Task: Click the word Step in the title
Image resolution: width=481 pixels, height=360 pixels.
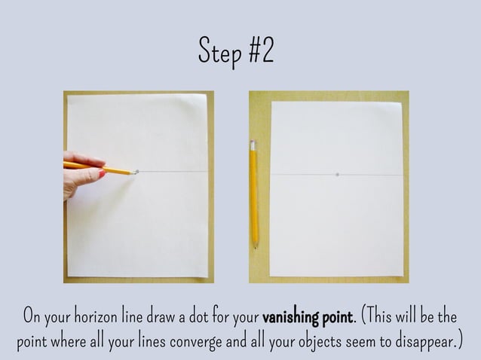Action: tap(218, 50)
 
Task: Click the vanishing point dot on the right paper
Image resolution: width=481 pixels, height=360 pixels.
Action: tap(337, 175)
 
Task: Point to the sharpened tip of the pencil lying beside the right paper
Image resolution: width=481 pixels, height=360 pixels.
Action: tap(256, 246)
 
